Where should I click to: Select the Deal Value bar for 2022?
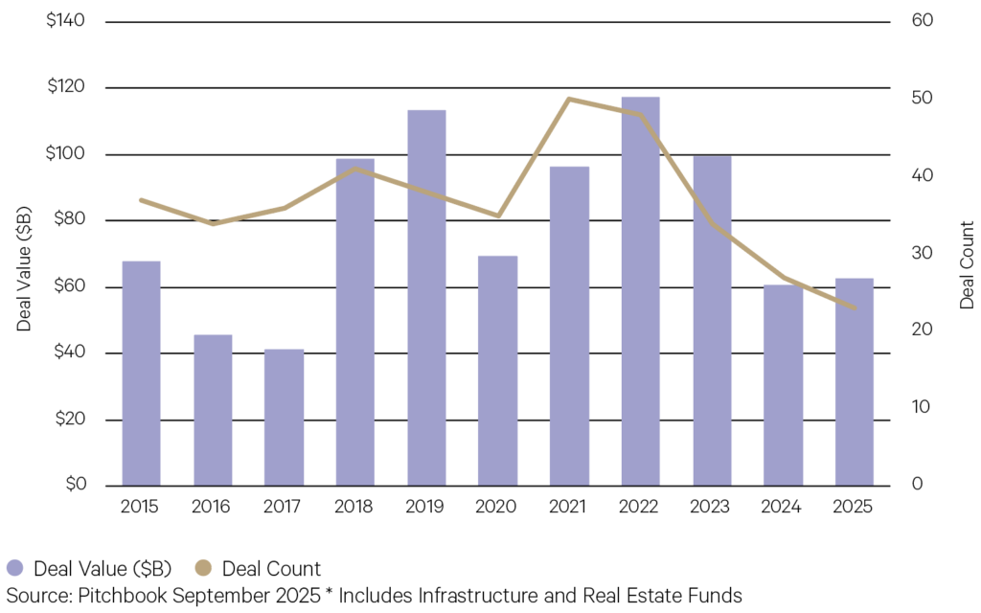click(x=640, y=291)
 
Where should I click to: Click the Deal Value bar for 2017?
click(x=284, y=418)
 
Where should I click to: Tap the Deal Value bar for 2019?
click(x=426, y=297)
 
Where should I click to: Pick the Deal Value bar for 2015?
click(x=141, y=373)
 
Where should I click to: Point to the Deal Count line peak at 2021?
click(x=569, y=99)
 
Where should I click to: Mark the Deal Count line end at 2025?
click(x=854, y=308)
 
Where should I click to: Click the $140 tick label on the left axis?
click(x=65, y=20)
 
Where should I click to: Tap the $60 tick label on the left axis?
click(x=69, y=286)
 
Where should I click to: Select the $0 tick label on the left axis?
click(x=73, y=485)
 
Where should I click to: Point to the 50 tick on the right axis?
click(x=922, y=99)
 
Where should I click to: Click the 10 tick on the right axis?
click(x=921, y=407)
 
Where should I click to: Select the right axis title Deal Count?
click(x=967, y=265)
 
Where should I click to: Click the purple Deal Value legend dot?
click(x=15, y=569)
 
